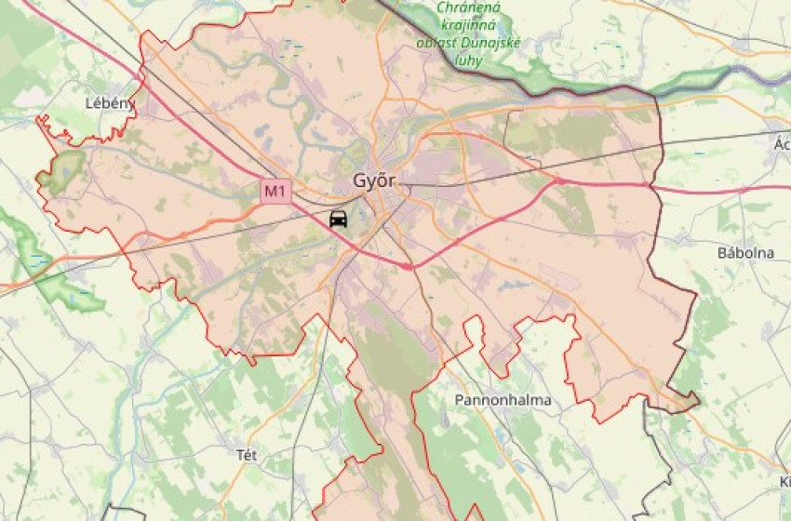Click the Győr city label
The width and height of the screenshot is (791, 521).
(374, 180)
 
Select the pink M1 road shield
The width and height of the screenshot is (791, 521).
(275, 192)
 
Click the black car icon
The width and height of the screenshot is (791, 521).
(338, 220)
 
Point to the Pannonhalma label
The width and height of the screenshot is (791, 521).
(503, 400)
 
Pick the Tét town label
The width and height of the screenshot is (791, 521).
(247, 454)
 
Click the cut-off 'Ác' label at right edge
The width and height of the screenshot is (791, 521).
(781, 144)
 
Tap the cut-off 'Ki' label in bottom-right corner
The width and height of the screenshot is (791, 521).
(784, 481)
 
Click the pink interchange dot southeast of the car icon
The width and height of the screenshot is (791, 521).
(408, 266)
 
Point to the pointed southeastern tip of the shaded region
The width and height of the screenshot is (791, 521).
(697, 401)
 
